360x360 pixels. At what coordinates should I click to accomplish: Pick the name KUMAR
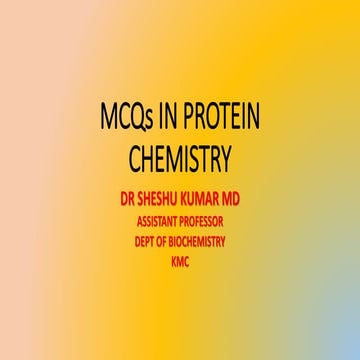coord(213,200)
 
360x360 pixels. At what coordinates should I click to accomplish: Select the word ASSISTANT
coord(156,221)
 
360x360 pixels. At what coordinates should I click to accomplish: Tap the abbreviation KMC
coord(180,261)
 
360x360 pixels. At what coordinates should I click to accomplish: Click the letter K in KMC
coord(173,261)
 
